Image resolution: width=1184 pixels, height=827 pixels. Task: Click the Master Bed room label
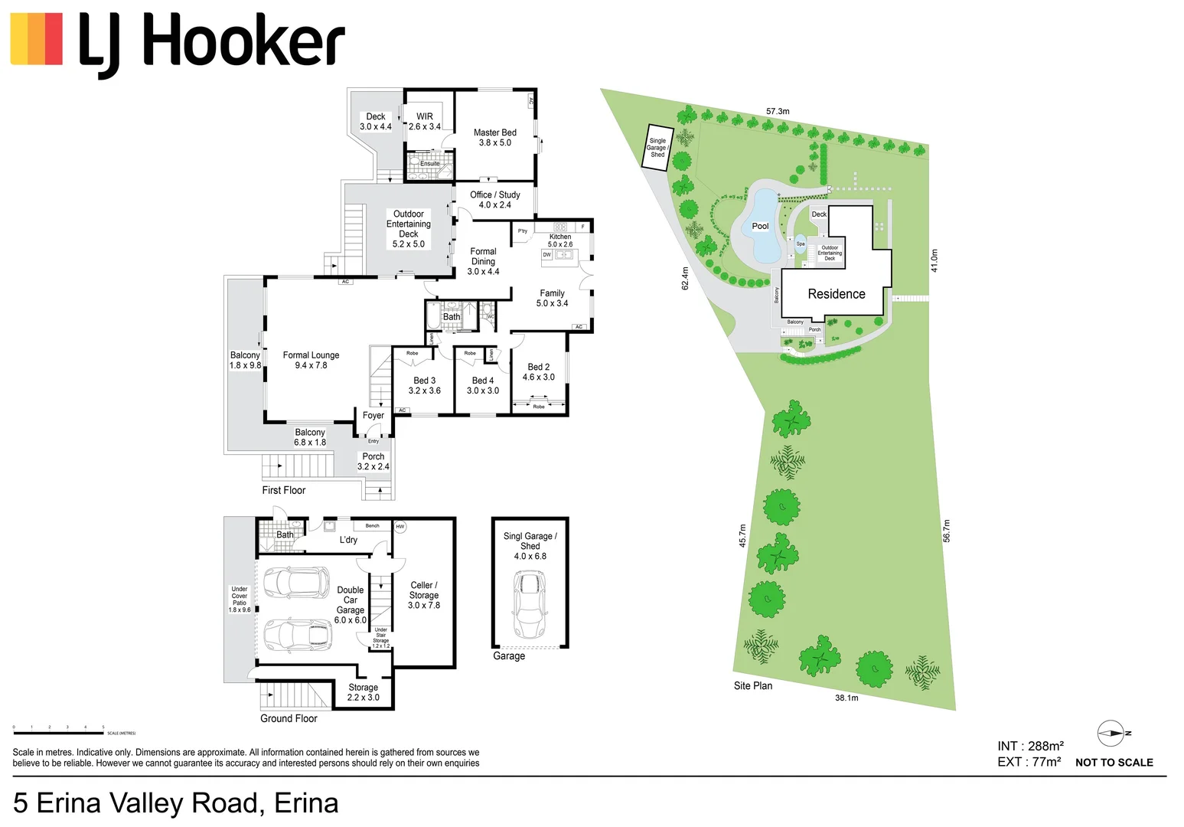pyautogui.click(x=494, y=138)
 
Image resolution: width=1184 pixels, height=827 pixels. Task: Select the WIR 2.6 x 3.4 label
pyautogui.click(x=424, y=122)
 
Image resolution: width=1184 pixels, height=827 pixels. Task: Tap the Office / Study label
pyautogui.click(x=494, y=200)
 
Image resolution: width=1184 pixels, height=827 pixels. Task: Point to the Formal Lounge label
pyautogui.click(x=311, y=360)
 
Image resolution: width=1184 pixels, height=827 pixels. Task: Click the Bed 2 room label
pyautogui.click(x=538, y=372)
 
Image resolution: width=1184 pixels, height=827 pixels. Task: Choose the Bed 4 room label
pyautogui.click(x=482, y=385)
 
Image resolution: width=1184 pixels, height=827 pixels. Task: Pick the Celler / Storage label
pyautogui.click(x=423, y=595)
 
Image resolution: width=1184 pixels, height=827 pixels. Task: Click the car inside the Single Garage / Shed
pyautogui.click(x=529, y=604)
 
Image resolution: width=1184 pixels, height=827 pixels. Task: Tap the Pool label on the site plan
pyautogui.click(x=760, y=226)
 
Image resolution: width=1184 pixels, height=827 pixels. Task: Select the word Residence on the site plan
pyautogui.click(x=836, y=294)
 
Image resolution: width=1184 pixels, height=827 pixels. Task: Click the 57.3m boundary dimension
pyautogui.click(x=778, y=112)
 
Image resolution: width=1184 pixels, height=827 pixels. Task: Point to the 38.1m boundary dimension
pyautogui.click(x=846, y=698)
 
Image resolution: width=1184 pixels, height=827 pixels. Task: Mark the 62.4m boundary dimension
pyautogui.click(x=685, y=278)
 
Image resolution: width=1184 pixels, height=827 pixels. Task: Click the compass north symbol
pyautogui.click(x=1111, y=734)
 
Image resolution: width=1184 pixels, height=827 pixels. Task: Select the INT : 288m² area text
pyautogui.click(x=1030, y=746)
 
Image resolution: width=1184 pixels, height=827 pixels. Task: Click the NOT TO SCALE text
pyautogui.click(x=1114, y=763)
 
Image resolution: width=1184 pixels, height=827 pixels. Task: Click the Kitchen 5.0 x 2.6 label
pyautogui.click(x=559, y=240)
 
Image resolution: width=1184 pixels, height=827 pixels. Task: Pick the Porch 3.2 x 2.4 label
pyautogui.click(x=373, y=461)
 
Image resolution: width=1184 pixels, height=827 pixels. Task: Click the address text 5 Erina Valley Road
pyautogui.click(x=175, y=803)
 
